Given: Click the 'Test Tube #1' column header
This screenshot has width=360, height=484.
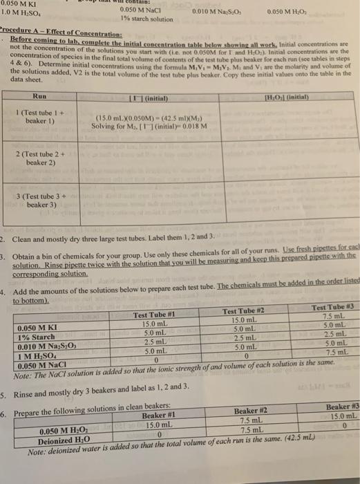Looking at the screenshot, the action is (x=155, y=315).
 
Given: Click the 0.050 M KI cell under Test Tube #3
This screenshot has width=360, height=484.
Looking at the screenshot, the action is (x=332, y=317).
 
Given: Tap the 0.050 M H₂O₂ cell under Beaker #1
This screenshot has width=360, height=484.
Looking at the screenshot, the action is (x=156, y=425).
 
